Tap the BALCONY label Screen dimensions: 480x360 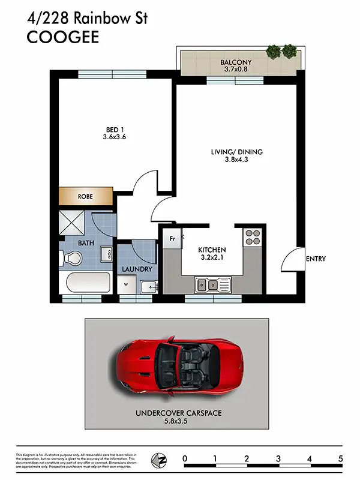point(235,62)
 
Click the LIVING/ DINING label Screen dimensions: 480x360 point(236,152)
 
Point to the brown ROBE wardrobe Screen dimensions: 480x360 point(86,196)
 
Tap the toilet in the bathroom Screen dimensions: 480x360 point(71,259)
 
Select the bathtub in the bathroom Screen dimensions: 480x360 point(86,283)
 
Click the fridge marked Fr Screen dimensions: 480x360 point(172,238)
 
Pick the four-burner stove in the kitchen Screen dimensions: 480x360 point(251,238)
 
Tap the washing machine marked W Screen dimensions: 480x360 point(127,286)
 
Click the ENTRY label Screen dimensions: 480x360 point(316,259)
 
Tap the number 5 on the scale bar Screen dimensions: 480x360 point(341,459)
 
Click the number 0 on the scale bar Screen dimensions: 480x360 point(185,459)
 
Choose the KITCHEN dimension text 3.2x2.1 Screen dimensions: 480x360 point(212,259)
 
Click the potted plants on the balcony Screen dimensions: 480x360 point(281,51)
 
